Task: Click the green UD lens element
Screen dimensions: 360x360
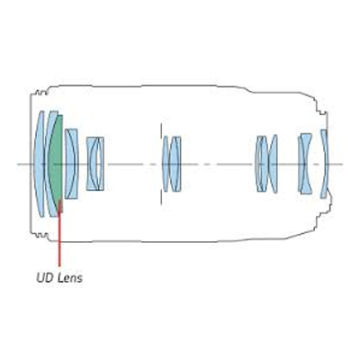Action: point(57,164)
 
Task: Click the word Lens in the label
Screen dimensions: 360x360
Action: point(70,278)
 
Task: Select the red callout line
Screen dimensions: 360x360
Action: point(59,234)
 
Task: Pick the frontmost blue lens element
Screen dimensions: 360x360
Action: point(39,164)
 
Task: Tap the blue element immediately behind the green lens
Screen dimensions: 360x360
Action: point(71,164)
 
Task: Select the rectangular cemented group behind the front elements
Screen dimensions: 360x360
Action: point(95,164)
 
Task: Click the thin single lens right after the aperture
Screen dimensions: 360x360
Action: point(166,164)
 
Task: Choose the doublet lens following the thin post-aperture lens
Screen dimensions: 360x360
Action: point(175,164)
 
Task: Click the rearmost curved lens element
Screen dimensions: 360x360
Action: point(325,164)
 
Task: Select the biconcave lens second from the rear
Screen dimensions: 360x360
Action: point(305,164)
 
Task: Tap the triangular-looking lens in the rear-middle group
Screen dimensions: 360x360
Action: point(274,164)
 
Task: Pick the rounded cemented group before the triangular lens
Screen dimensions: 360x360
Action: point(261,164)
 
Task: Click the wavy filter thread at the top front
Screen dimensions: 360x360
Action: point(41,93)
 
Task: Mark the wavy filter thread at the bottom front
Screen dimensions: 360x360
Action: point(41,235)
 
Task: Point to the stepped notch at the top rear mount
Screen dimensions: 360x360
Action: point(322,112)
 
